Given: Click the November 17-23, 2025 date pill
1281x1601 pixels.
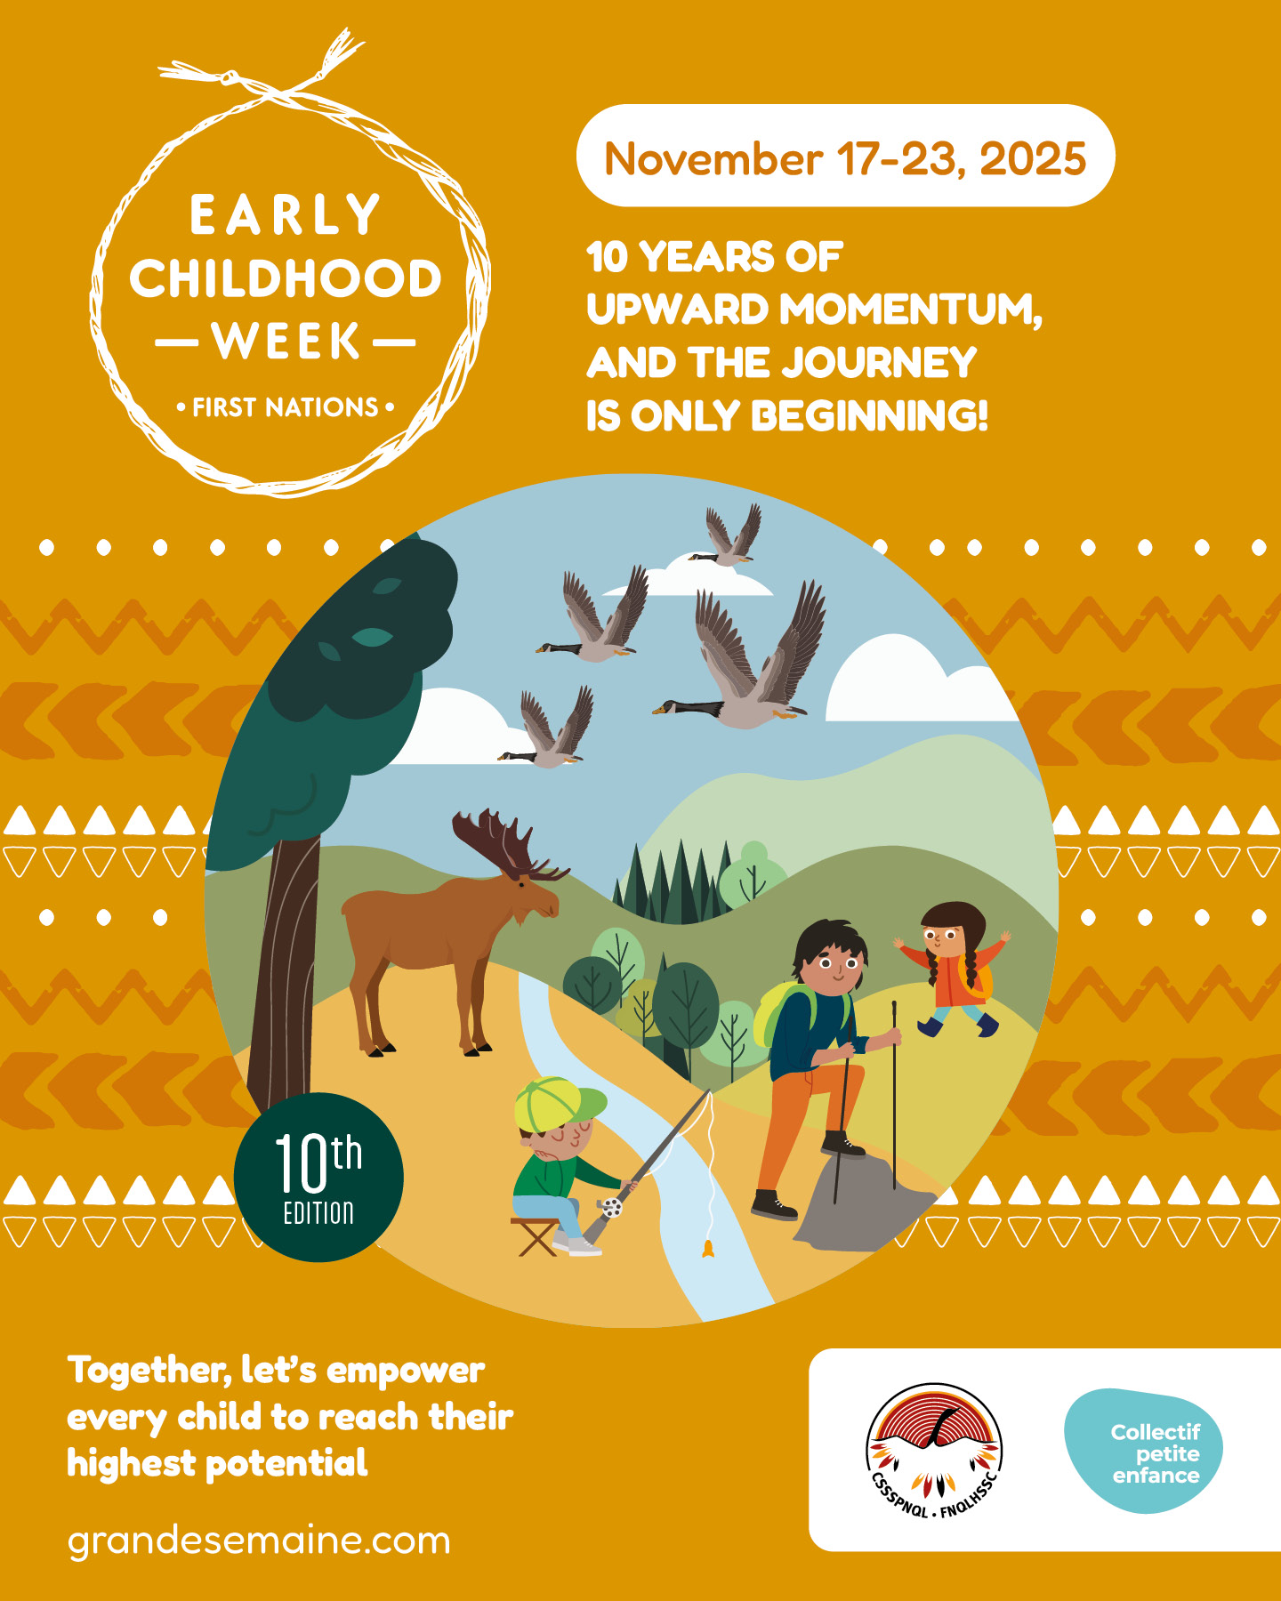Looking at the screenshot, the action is pyautogui.click(x=845, y=156).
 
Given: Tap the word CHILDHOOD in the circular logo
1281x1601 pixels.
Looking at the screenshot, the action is pyautogui.click(x=286, y=278).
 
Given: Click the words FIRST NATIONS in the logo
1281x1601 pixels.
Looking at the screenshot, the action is pyautogui.click(x=286, y=407).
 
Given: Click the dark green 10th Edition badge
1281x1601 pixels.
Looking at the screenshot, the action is pyautogui.click(x=318, y=1177).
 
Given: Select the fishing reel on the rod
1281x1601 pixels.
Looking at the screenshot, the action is pyautogui.click(x=611, y=1207).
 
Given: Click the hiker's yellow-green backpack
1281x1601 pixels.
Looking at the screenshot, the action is pyautogui.click(x=781, y=1014).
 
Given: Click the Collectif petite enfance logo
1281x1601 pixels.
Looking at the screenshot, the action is pyautogui.click(x=1144, y=1452).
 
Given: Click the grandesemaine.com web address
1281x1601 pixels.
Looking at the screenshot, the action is pyautogui.click(x=259, y=1541).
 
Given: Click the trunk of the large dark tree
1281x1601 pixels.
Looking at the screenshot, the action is pyautogui.click(x=283, y=969).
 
